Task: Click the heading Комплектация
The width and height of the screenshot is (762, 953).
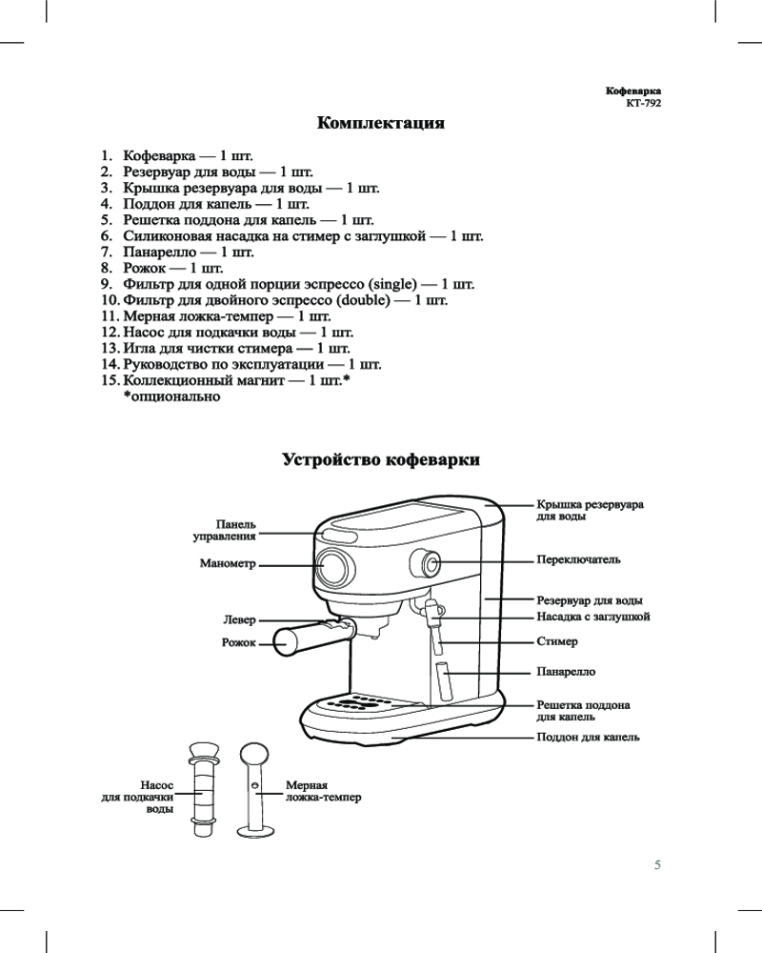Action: point(381,124)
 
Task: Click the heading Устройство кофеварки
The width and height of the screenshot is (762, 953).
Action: point(381,460)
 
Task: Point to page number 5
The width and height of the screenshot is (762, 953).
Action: point(656,865)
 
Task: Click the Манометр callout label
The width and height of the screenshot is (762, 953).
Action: point(229,564)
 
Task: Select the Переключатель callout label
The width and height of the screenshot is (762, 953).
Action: point(579,560)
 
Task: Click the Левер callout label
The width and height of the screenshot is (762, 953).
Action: point(240,620)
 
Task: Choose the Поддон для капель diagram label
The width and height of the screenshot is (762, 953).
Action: point(588,738)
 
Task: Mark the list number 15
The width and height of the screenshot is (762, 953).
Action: point(109,380)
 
